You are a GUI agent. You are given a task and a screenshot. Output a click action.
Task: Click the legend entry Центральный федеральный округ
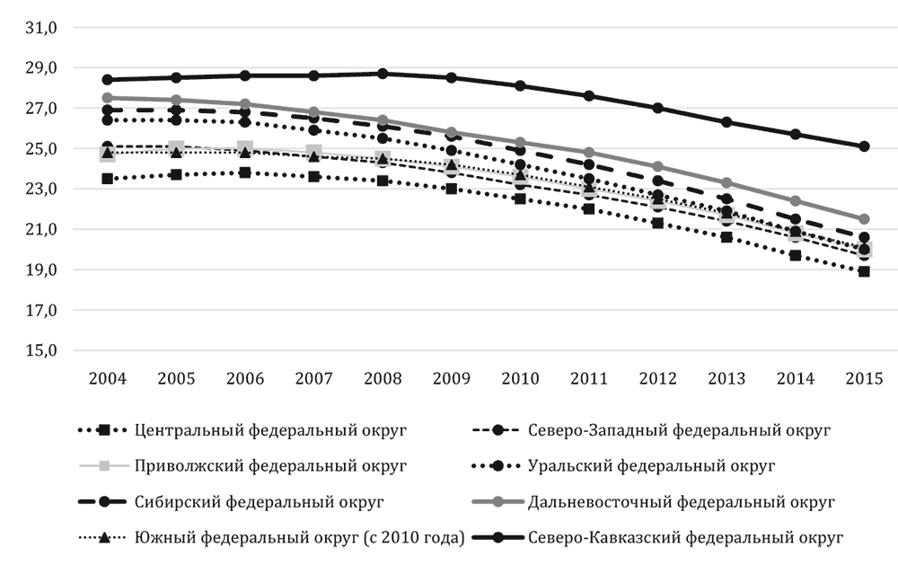point(270,430)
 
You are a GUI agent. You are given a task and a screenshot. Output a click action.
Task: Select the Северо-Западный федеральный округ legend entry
point(679,430)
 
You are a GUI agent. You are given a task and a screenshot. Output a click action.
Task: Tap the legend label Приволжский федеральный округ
point(270,466)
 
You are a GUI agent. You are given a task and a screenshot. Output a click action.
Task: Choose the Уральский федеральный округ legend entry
point(652,466)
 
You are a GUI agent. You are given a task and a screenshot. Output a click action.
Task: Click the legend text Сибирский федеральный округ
point(261,502)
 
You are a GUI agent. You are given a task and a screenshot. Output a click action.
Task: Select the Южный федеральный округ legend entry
point(298,538)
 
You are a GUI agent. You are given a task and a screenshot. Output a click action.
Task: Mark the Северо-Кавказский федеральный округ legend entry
point(686,538)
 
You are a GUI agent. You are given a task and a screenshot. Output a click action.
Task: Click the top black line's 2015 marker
point(864,146)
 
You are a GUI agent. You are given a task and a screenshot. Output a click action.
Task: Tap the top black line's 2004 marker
point(108,80)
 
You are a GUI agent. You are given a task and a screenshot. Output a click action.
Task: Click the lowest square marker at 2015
point(864,271)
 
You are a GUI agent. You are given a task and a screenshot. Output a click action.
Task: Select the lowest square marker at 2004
point(108,179)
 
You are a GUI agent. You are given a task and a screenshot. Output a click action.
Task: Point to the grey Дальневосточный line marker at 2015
point(864,219)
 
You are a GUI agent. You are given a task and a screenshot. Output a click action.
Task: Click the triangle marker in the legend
point(104,538)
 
